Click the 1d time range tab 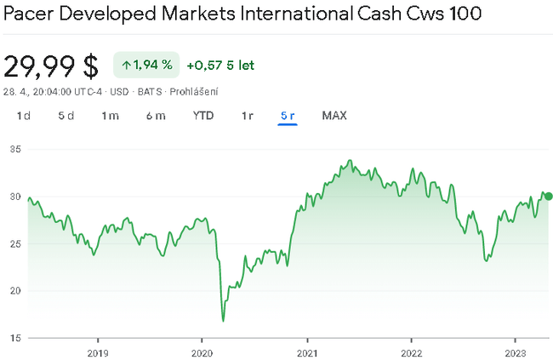pos(23,116)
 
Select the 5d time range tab pos(66,116)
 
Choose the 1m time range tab pos(110,116)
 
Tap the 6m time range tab pos(155,116)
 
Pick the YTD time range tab pos(202,116)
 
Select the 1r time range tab pos(247,116)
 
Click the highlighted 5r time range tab pos(288,116)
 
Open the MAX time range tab pos(334,116)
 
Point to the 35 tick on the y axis pos(14,150)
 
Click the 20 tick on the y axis pos(14,291)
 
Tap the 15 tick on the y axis pos(14,338)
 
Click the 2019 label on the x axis pos(98,351)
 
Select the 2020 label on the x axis pos(202,351)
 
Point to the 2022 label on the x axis pos(411,351)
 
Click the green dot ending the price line pos(548,196)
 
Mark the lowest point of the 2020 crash pos(223,321)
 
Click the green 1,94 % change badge pos(147,65)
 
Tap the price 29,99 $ pos(50,66)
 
